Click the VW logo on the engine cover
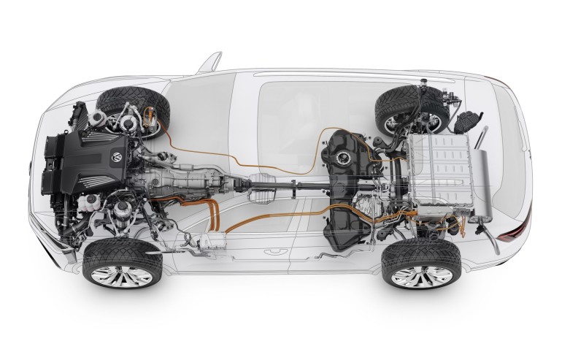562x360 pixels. click(115, 156)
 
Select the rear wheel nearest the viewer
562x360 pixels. click(421, 263)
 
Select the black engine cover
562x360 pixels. click(95, 165)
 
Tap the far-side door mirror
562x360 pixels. click(209, 64)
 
